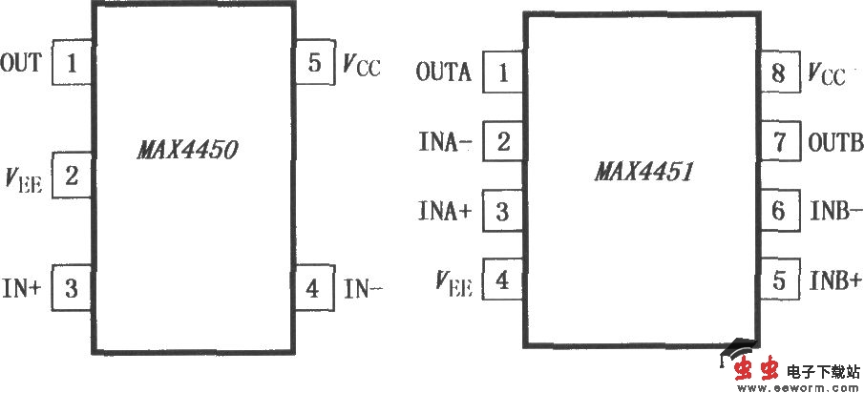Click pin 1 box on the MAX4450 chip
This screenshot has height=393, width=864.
[x=73, y=64]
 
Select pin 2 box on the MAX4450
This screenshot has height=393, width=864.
[x=73, y=175]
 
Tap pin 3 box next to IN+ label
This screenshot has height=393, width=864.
[x=73, y=285]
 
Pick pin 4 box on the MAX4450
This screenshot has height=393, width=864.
[x=313, y=285]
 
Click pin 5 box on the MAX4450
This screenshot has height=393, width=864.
[x=313, y=64]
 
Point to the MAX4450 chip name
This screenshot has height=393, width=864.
[x=187, y=150]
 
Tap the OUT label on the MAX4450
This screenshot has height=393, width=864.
[x=21, y=64]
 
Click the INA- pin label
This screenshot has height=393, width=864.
[x=445, y=142]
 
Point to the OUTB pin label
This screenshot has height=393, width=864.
[x=835, y=143]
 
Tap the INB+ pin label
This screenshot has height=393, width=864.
[x=835, y=281]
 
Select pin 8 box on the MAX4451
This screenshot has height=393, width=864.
[x=779, y=73]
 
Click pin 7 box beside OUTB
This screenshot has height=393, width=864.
[x=779, y=143]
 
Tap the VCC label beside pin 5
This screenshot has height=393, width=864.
[x=361, y=65]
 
